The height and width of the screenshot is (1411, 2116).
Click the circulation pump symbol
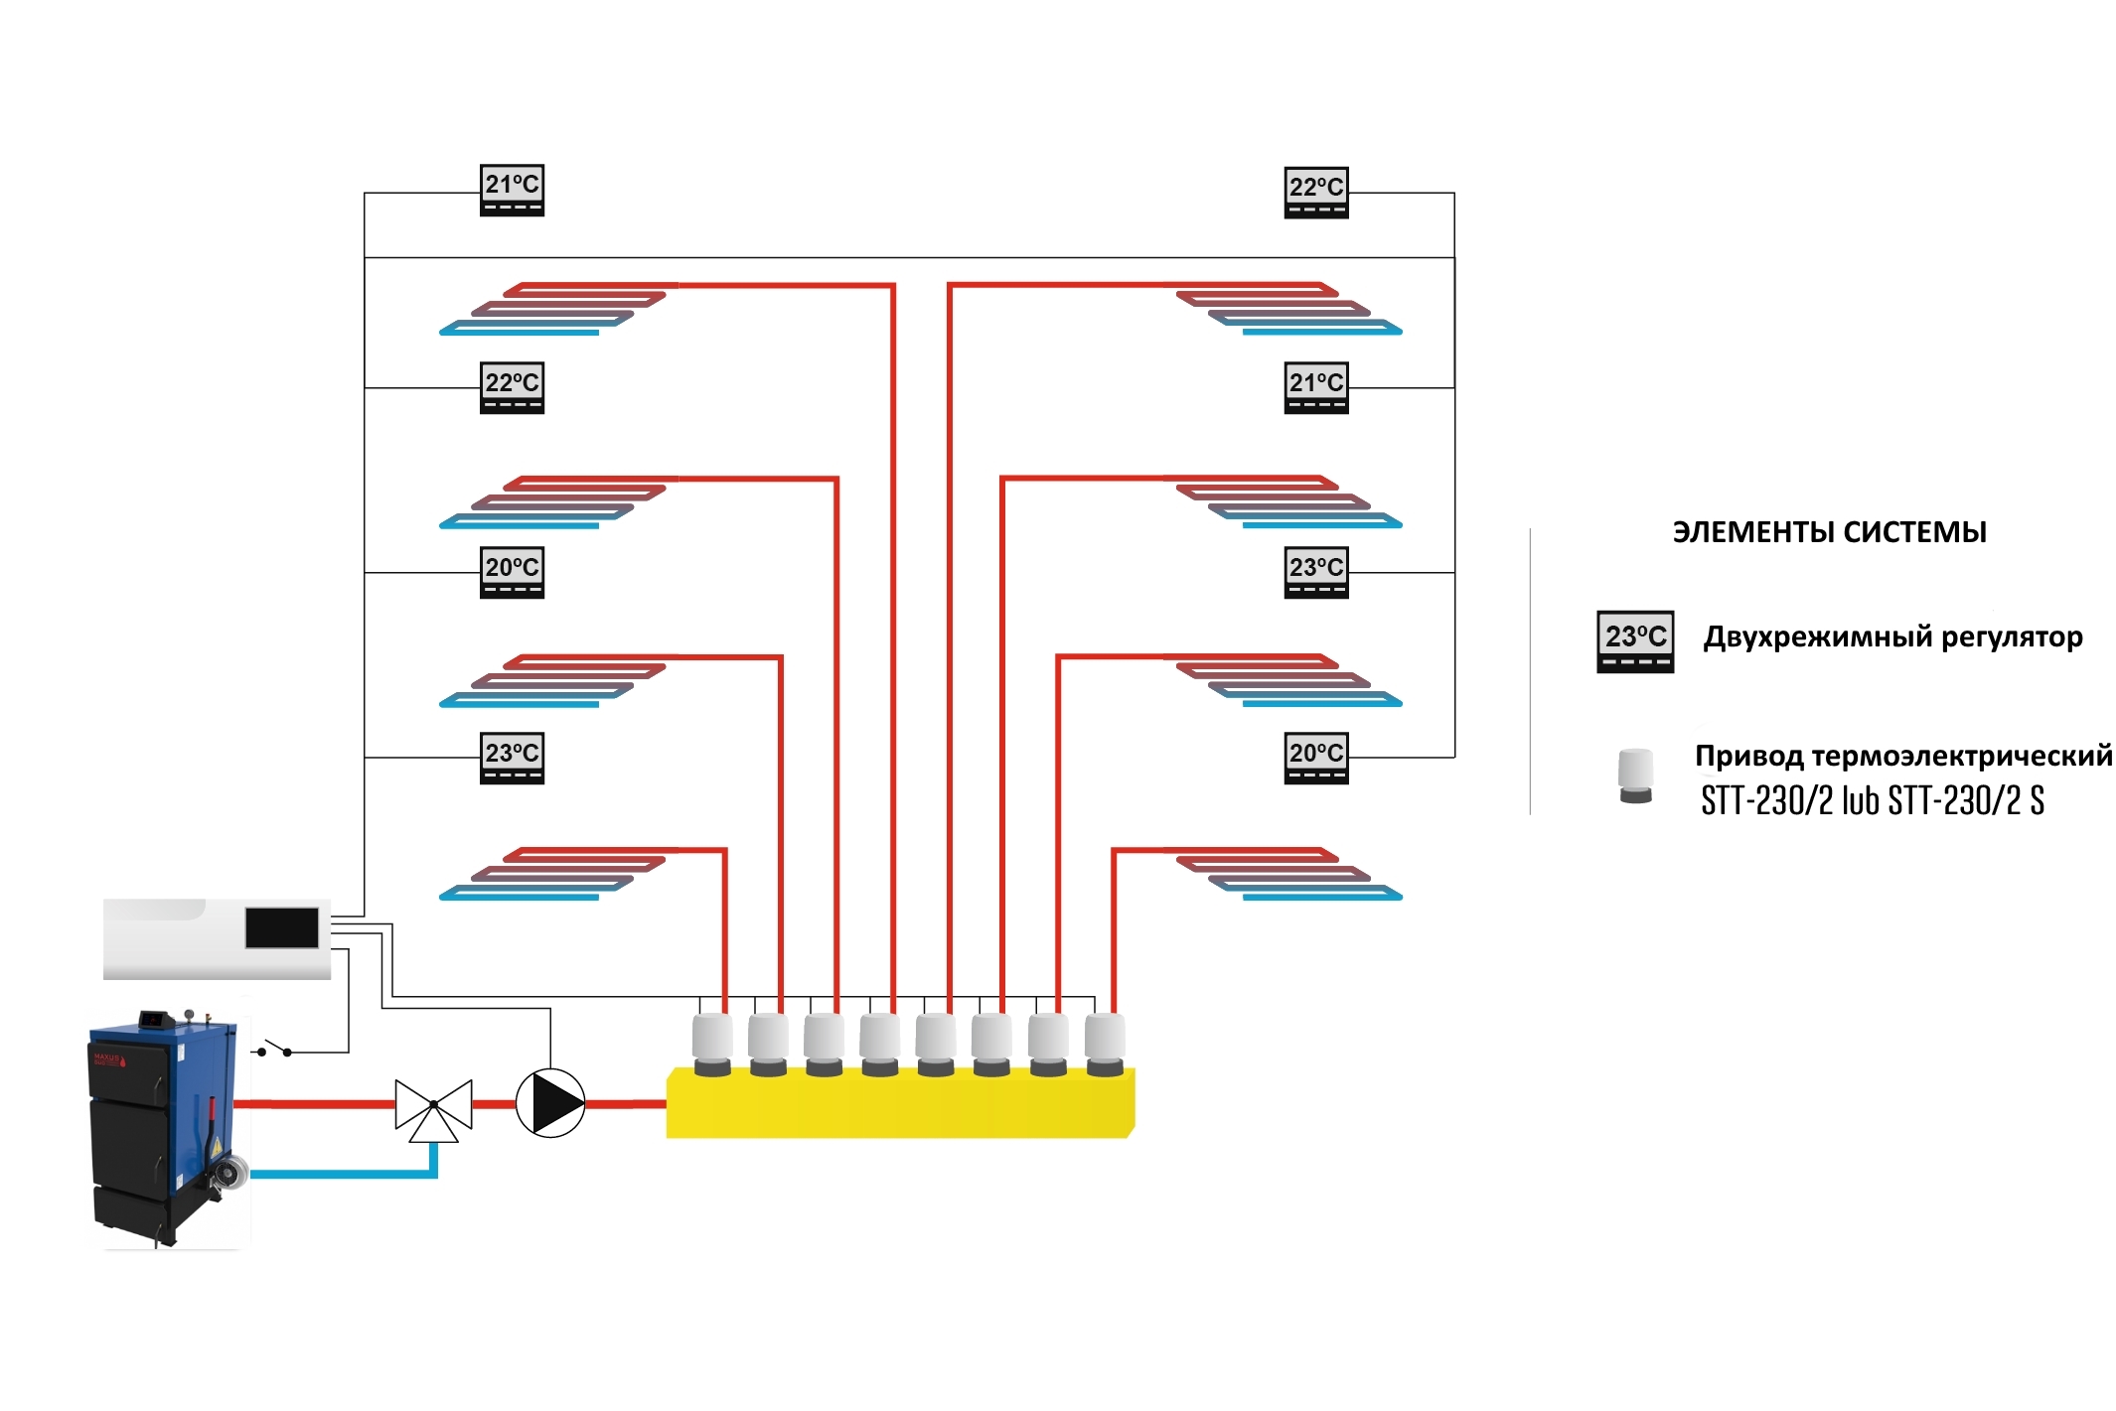point(550,1103)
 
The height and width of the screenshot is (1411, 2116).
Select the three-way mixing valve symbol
point(433,1107)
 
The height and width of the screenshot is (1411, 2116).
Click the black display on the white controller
point(282,927)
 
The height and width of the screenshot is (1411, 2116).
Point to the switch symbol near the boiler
point(274,1049)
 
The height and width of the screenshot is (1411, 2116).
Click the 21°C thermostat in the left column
point(512,190)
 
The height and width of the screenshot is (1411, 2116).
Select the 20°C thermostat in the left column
point(512,573)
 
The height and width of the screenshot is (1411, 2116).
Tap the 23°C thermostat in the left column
point(512,759)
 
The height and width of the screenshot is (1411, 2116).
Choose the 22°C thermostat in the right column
point(1315,193)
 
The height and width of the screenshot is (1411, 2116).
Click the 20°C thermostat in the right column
point(1315,759)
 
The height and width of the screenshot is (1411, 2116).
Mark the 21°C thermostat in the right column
point(1315,388)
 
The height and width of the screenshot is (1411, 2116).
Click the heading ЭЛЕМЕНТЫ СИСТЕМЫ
point(1829,532)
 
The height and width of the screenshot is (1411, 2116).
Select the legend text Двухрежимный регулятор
point(1892,637)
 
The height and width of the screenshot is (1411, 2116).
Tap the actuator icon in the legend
point(1635,776)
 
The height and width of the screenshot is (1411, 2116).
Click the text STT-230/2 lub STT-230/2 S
point(1872,800)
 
